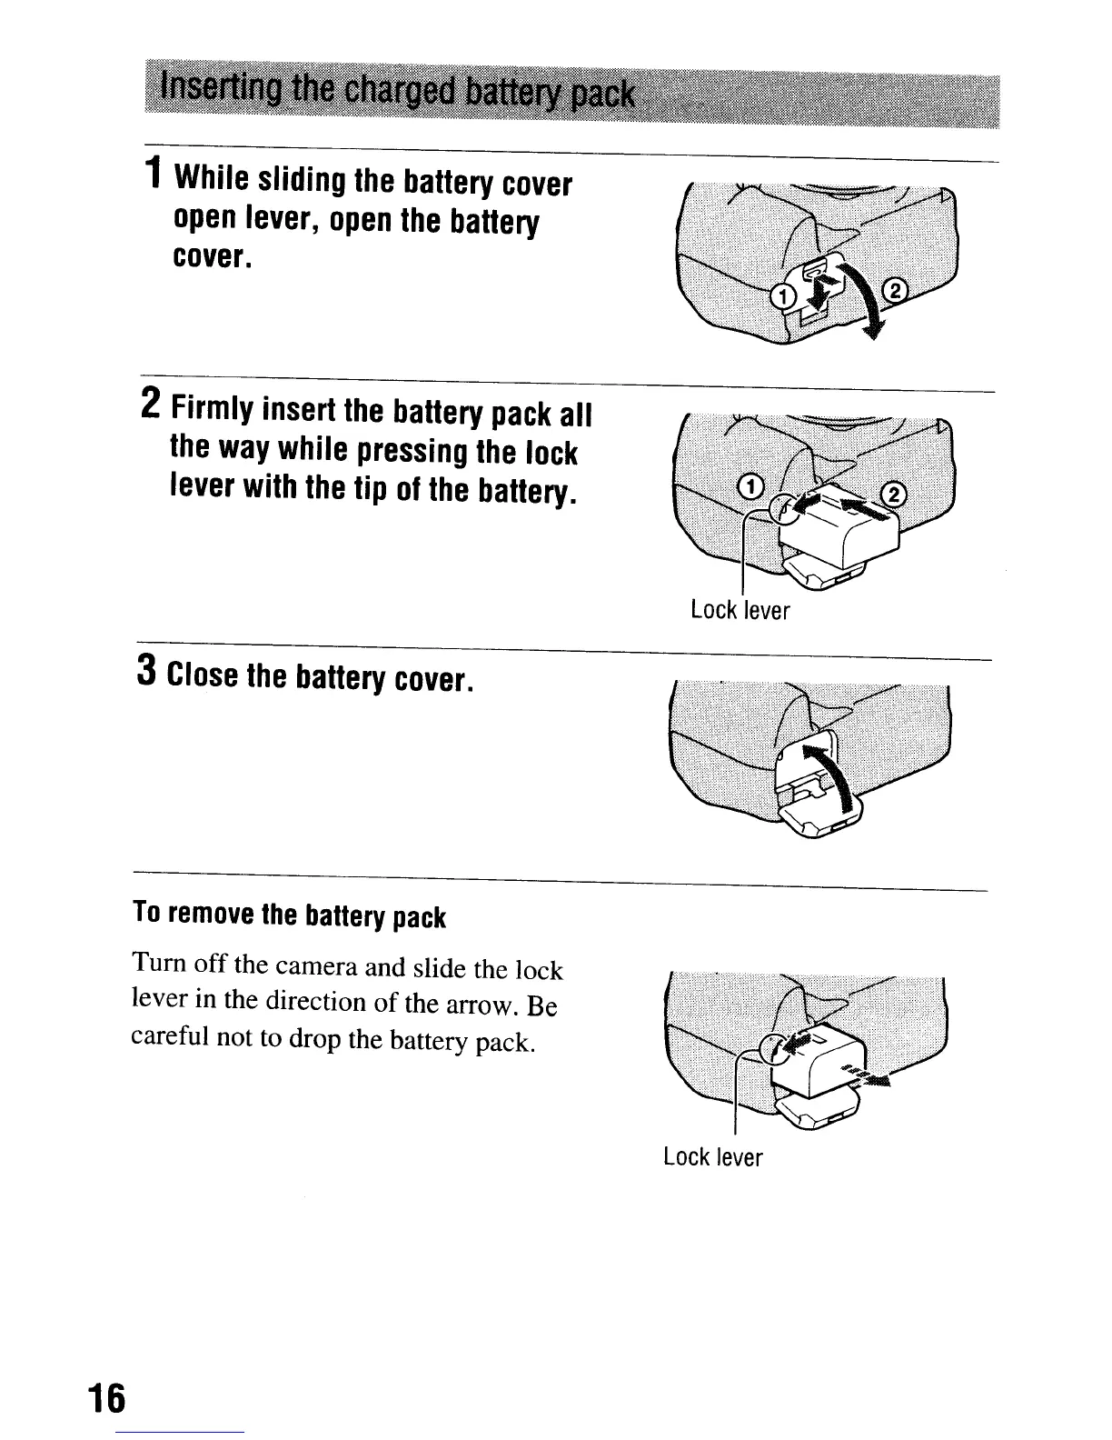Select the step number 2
point(151,402)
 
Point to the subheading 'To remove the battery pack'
point(290,915)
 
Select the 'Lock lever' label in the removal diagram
point(712,1157)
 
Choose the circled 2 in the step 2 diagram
point(895,492)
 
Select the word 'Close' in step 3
point(205,677)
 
